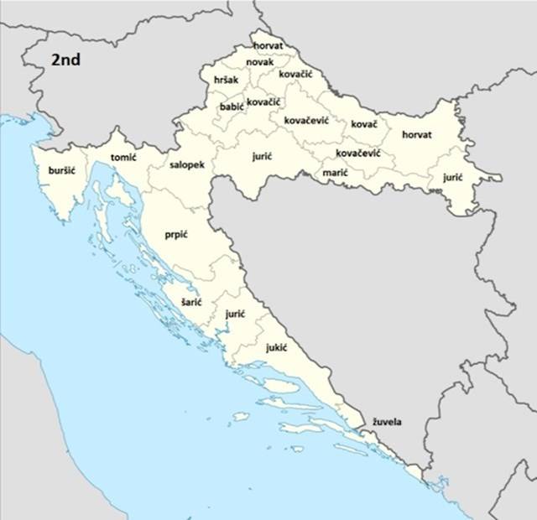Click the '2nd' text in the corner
click(x=66, y=60)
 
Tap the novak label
click(x=260, y=62)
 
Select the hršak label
click(x=226, y=80)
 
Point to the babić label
click(x=231, y=107)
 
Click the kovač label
click(x=364, y=124)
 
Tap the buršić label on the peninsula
click(x=62, y=170)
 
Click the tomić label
click(x=123, y=157)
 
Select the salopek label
click(x=186, y=165)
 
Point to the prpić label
click(x=176, y=234)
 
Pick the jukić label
click(x=277, y=346)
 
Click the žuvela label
click(x=387, y=422)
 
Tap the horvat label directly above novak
click(x=268, y=44)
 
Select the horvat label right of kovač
click(x=417, y=134)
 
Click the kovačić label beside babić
click(x=263, y=101)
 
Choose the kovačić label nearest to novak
click(x=296, y=75)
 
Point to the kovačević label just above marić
click(x=358, y=153)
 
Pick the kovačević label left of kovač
click(x=306, y=120)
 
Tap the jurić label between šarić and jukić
click(x=235, y=313)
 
